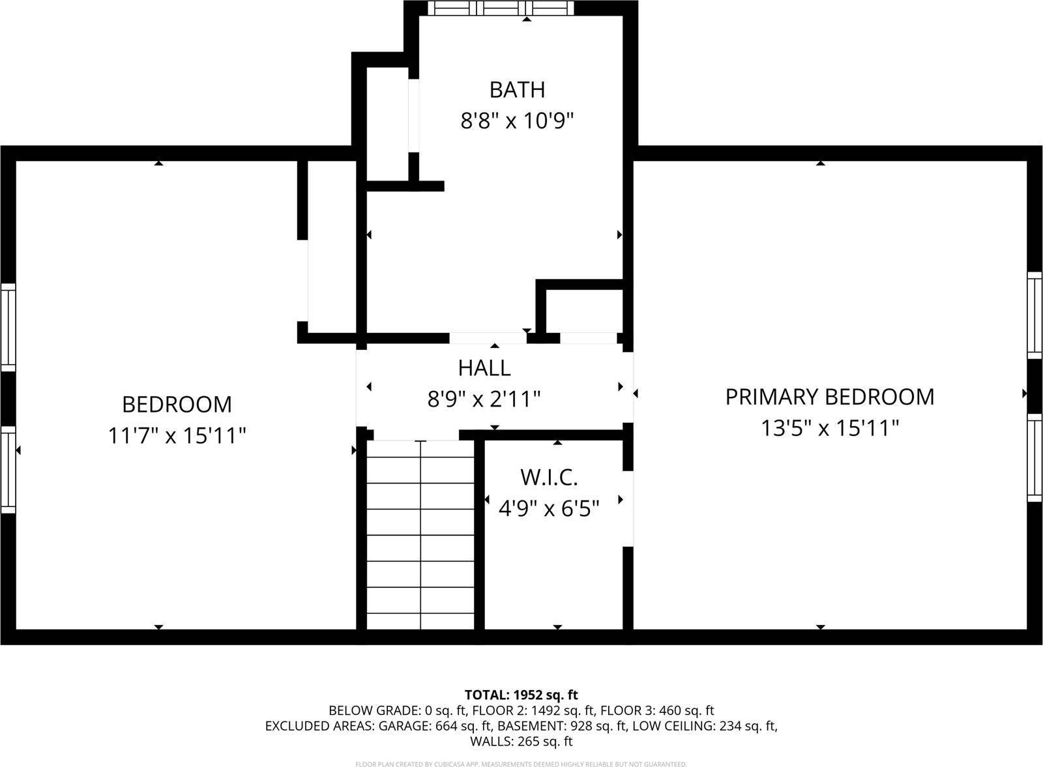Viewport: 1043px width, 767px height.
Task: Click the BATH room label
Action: click(x=517, y=90)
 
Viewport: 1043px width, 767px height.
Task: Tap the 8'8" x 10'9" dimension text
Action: click(x=517, y=121)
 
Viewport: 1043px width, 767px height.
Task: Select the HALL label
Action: click(x=484, y=368)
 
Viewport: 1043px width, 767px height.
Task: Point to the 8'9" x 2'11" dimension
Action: click(x=484, y=399)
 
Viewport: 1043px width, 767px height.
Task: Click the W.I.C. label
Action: click(x=549, y=478)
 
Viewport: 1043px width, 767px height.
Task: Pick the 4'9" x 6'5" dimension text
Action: click(x=549, y=509)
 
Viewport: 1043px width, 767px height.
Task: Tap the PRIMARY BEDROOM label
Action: click(x=830, y=397)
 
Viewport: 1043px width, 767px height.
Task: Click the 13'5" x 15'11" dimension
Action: click(x=830, y=428)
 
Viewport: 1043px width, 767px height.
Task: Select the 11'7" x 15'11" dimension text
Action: click(x=177, y=436)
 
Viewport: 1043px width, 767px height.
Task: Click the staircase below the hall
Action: click(x=420, y=534)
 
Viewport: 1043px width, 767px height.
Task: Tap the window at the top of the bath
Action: click(x=501, y=8)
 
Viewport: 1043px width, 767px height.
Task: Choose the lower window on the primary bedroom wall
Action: click(x=1035, y=458)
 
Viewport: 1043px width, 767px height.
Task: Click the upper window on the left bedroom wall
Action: click(x=8, y=328)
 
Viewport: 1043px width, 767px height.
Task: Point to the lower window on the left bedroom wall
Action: click(x=8, y=470)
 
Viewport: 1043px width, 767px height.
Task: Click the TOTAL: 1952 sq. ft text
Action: click(x=521, y=695)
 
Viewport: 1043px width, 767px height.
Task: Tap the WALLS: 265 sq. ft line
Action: click(x=521, y=742)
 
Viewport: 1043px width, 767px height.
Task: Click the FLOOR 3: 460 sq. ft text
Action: click(x=657, y=711)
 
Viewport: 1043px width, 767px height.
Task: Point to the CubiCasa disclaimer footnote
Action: click(x=521, y=764)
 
